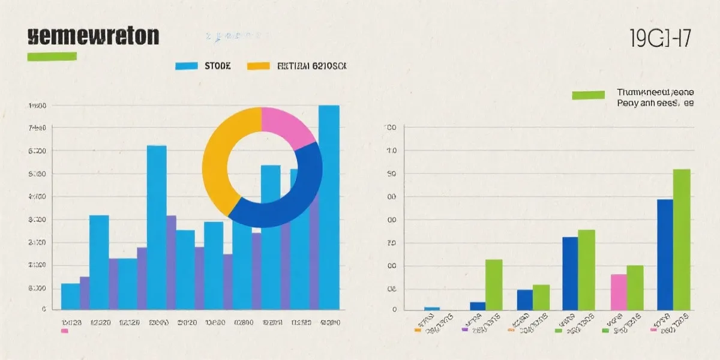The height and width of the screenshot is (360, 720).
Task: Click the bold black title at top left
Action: pyautogui.click(x=93, y=36)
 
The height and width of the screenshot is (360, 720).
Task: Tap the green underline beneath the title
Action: pyautogui.click(x=52, y=56)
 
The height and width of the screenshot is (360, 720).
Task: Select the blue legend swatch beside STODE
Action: pyautogui.click(x=187, y=66)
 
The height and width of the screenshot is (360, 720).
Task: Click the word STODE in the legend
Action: pyautogui.click(x=218, y=66)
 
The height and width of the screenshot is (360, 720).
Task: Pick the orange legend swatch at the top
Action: pyautogui.click(x=258, y=66)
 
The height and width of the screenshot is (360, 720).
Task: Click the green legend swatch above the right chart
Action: pyautogui.click(x=588, y=95)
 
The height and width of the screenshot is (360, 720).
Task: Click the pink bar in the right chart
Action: pyautogui.click(x=619, y=292)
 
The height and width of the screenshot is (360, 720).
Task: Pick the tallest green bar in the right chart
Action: pyautogui.click(x=682, y=239)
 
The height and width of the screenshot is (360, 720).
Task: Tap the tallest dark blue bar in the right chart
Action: pyautogui.click(x=665, y=254)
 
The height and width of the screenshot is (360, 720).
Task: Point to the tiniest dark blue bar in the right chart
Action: pyautogui.click(x=432, y=308)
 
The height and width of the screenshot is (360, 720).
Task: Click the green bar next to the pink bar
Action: pyautogui.click(x=635, y=287)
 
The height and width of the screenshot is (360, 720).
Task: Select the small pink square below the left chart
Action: pyautogui.click(x=65, y=331)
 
